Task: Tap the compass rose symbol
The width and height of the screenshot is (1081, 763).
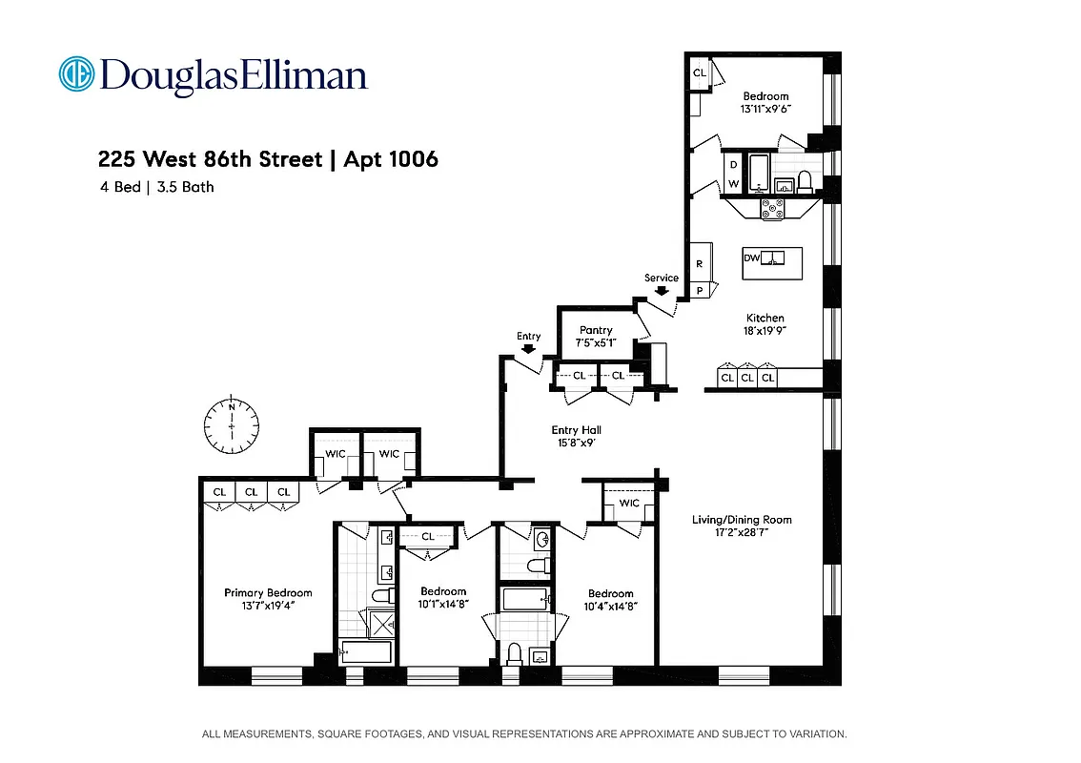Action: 232,425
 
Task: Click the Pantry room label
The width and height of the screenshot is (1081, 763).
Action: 596,330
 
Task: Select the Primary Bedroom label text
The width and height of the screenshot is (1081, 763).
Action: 268,592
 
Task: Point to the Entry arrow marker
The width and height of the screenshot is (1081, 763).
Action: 528,349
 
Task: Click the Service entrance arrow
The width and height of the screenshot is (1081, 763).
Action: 662,291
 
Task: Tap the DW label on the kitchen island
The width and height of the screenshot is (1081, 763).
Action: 752,258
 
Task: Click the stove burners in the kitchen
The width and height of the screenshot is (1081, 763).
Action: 771,208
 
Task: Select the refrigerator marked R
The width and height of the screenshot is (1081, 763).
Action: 699,263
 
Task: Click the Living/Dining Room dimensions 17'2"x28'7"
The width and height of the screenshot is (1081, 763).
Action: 743,533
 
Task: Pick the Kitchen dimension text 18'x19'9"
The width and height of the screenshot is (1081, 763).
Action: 765,330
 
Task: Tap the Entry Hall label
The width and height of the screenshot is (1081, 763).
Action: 577,430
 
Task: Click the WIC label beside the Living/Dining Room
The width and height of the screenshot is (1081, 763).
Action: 629,503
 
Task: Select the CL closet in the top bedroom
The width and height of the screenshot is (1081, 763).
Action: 699,72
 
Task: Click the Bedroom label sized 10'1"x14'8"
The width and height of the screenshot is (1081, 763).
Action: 443,591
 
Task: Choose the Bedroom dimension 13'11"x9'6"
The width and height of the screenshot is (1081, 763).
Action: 765,109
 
